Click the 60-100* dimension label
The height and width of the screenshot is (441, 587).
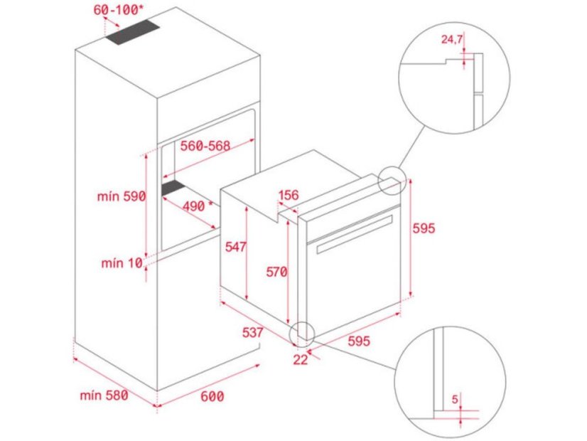pos(118,11)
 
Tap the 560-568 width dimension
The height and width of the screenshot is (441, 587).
pos(205,146)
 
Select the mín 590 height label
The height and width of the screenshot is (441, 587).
pos(122,196)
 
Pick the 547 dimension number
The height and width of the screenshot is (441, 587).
pos(235,247)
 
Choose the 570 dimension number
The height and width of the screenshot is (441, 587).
pos(277,271)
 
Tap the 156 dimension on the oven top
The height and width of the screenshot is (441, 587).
pos(288,196)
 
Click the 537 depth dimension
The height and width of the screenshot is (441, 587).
pos(252,332)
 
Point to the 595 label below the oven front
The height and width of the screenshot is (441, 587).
pos(359,341)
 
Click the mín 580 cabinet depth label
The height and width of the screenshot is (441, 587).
pos(104,395)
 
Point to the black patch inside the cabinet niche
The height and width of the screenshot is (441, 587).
pos(173,188)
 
